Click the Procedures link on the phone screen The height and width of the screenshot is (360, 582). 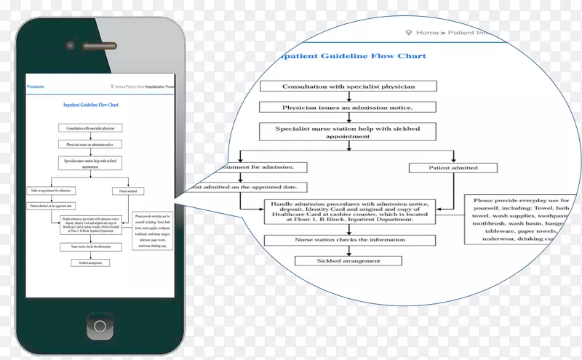(36, 87)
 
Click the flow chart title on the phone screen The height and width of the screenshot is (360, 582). (91, 105)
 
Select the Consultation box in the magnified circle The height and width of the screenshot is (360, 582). (348, 87)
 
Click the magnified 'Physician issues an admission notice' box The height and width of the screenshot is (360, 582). (348, 108)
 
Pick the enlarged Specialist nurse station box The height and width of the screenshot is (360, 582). (348, 131)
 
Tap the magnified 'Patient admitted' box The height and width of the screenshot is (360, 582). (453, 168)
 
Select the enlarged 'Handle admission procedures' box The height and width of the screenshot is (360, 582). (350, 212)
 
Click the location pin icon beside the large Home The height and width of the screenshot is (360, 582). (409, 32)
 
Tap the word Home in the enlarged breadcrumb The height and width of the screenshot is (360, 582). (427, 32)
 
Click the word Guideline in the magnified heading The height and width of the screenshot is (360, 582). (344, 55)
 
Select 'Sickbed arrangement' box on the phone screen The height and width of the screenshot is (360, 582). (91, 262)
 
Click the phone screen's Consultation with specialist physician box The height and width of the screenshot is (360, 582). (91, 129)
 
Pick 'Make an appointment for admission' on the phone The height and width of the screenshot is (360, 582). (55, 191)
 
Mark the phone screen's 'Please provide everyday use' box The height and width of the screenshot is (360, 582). (152, 231)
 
